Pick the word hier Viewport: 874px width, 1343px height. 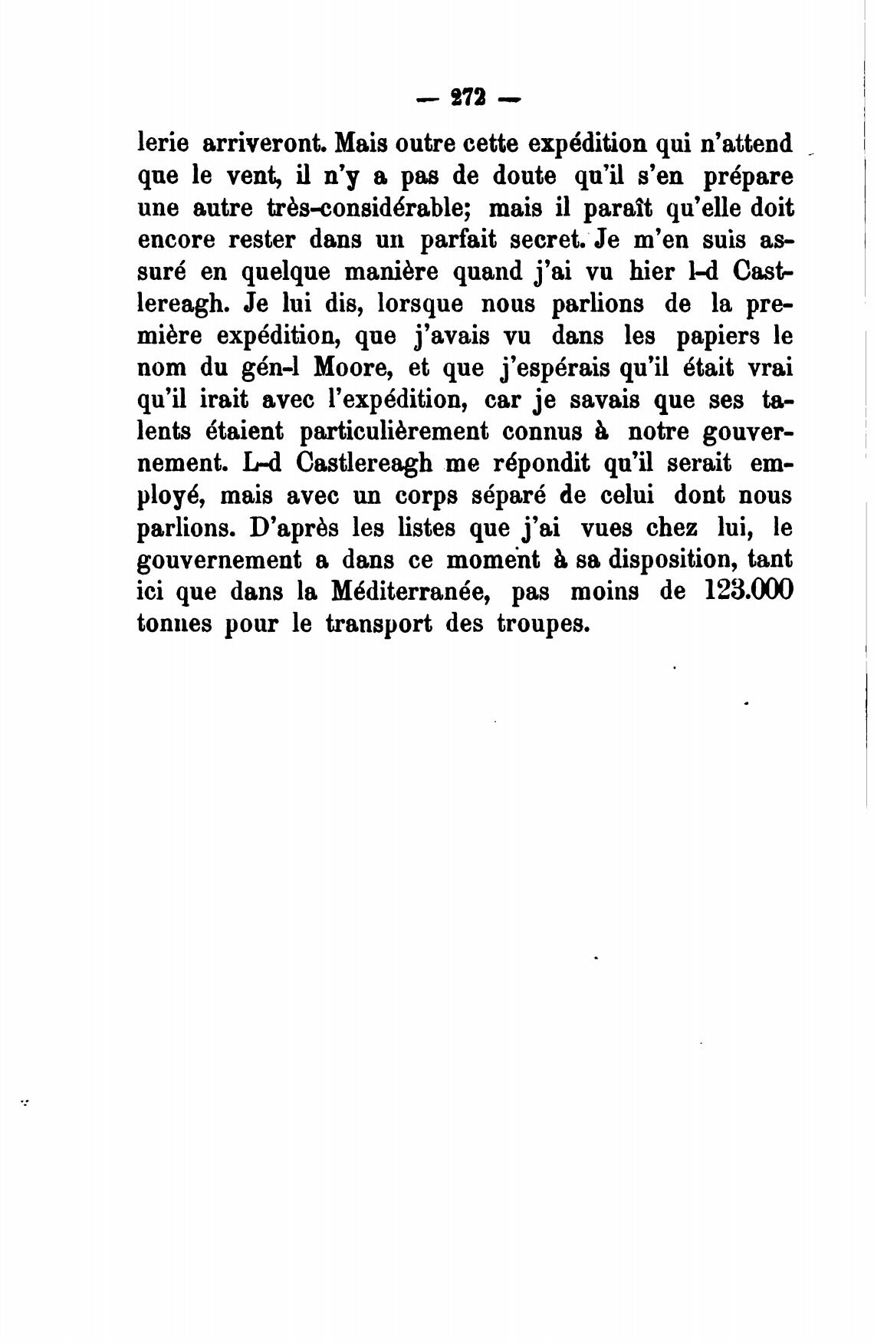click(x=652, y=272)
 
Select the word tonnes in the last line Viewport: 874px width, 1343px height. click(x=174, y=625)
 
